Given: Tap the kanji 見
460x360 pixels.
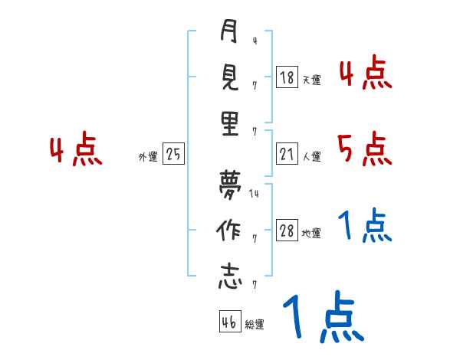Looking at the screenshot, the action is click(229, 79).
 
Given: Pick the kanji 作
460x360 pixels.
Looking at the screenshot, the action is click(229, 231).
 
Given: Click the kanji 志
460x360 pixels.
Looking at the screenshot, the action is click(229, 277).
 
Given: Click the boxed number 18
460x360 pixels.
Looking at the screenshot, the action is click(287, 77).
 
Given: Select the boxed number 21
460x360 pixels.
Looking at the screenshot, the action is click(287, 154).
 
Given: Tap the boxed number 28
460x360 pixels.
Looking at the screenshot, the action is click(287, 231).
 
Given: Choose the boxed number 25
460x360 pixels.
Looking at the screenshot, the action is click(173, 155).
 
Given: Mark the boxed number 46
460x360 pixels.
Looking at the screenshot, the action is click(229, 322).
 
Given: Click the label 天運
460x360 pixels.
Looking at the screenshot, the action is click(311, 79).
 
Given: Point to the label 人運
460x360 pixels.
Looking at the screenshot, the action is click(311, 156).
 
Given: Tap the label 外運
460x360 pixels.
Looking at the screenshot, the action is click(148, 156).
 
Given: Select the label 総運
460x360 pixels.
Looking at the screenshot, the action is click(255, 324).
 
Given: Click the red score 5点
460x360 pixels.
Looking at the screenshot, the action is click(364, 149).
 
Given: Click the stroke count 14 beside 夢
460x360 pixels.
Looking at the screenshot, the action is click(255, 195).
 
